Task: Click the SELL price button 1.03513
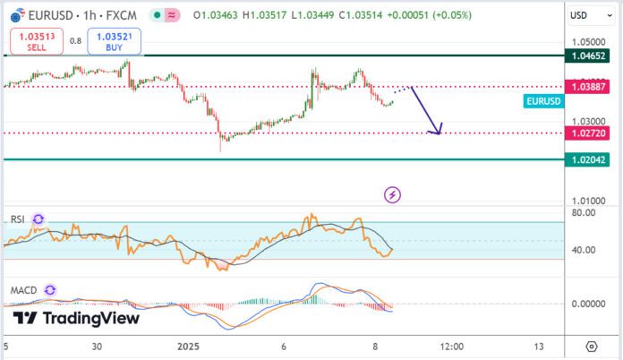coord(30,41)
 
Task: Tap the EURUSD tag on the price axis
coord(543,101)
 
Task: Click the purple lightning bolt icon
coord(392,193)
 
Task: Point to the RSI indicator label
coord(18,219)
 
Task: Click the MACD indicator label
coord(23,291)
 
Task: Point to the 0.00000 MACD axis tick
coord(588,304)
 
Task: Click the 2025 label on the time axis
coord(189,347)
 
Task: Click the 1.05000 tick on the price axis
coord(588,42)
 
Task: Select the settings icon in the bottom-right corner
coord(591,347)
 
